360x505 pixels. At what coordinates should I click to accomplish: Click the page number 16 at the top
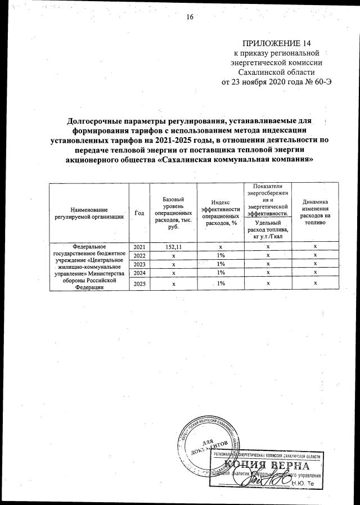[190, 17]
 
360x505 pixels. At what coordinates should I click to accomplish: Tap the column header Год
[140, 212]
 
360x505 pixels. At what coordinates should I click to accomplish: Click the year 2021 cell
[140, 247]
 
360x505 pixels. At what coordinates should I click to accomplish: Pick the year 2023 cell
[140, 264]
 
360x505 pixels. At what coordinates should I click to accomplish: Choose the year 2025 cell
[140, 284]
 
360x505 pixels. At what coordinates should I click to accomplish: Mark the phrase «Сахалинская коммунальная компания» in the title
[234, 159]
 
